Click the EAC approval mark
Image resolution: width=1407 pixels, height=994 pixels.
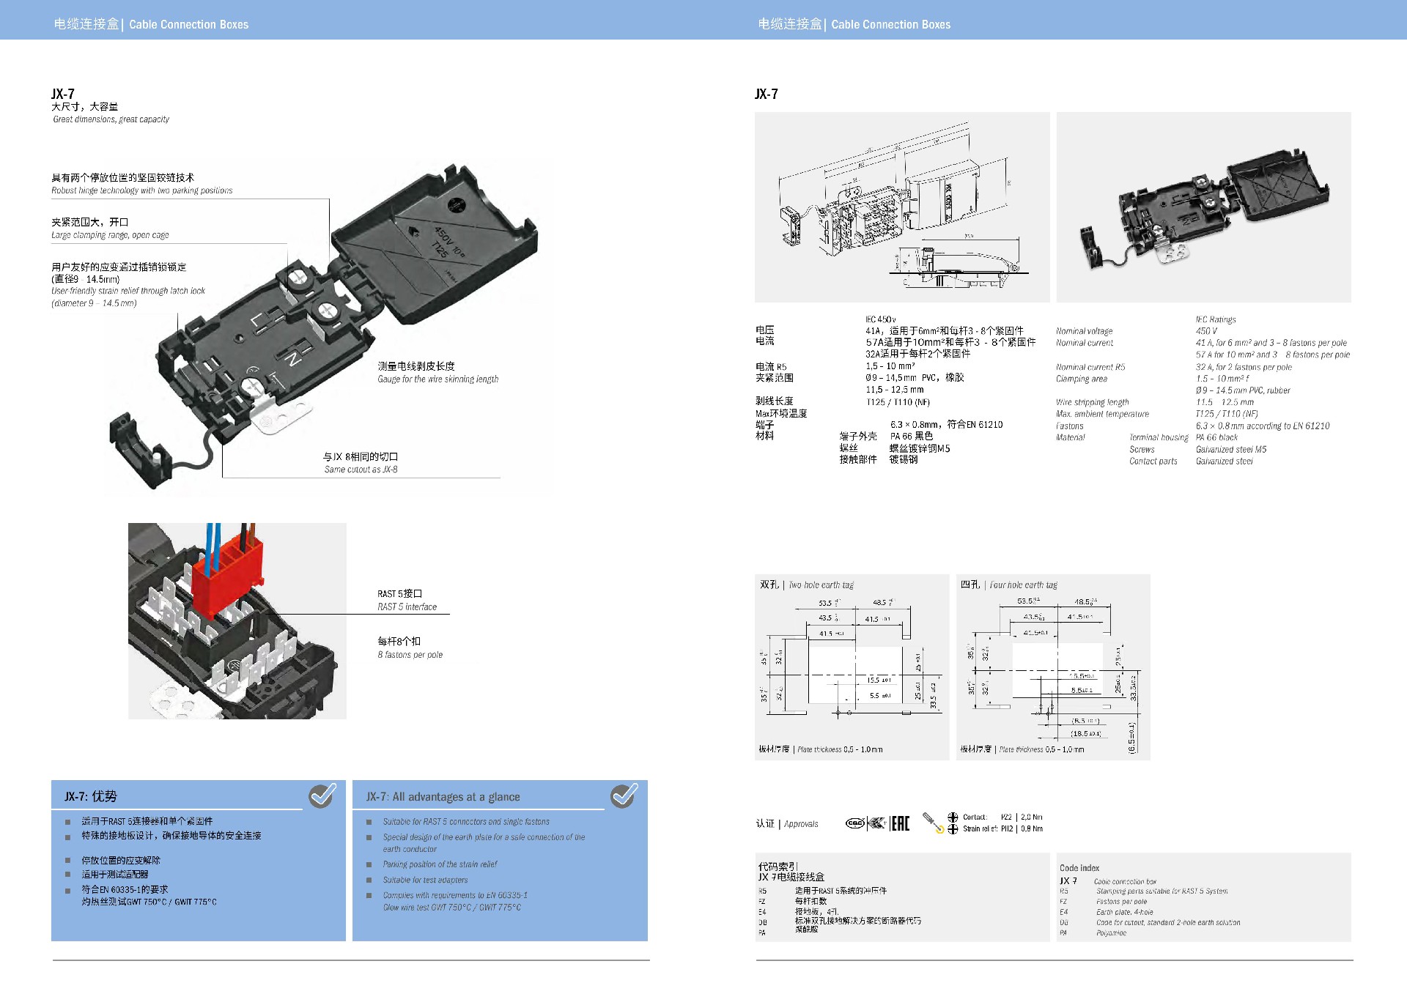pos(900,823)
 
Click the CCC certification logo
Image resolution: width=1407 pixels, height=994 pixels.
pos(854,823)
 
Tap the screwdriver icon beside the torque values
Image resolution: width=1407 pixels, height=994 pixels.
pos(933,823)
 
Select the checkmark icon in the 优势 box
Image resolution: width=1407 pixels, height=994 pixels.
pos(322,795)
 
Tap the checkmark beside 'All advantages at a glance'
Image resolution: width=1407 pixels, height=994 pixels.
pos(624,795)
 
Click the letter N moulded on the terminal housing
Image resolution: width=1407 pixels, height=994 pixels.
pos(294,359)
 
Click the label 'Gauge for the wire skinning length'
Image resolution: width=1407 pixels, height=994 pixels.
pos(437,379)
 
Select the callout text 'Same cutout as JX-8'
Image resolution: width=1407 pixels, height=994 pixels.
pos(361,470)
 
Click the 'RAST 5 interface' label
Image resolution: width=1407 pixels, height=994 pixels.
pos(407,607)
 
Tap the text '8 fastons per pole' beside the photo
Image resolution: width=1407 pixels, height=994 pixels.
pos(410,655)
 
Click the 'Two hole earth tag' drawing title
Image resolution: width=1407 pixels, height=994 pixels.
pos(821,585)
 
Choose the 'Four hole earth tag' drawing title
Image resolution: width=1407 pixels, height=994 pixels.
pos(1023,585)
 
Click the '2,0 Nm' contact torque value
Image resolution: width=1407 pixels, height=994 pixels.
pos(1032,817)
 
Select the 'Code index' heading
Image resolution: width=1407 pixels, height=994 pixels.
pos(1079,868)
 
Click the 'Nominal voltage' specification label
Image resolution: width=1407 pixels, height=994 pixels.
pos(1084,331)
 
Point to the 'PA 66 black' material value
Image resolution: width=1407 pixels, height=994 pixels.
pos(1216,437)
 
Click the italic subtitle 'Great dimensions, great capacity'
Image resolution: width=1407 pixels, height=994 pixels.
pos(111,119)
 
